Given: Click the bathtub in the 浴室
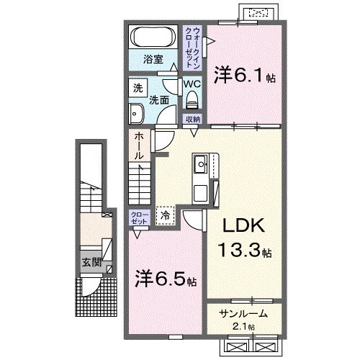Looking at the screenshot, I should pyautogui.click(x=152, y=37).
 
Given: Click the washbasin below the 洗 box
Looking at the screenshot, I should pyautogui.click(x=136, y=112).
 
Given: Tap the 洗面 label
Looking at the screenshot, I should pyautogui.click(x=159, y=102).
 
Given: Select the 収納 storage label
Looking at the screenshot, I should pyautogui.click(x=192, y=120).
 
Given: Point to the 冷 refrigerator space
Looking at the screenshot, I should pyautogui.click(x=166, y=214).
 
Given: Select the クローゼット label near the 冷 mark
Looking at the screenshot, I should pyautogui.click(x=139, y=217).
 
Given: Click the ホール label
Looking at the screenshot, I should pyautogui.click(x=138, y=146).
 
